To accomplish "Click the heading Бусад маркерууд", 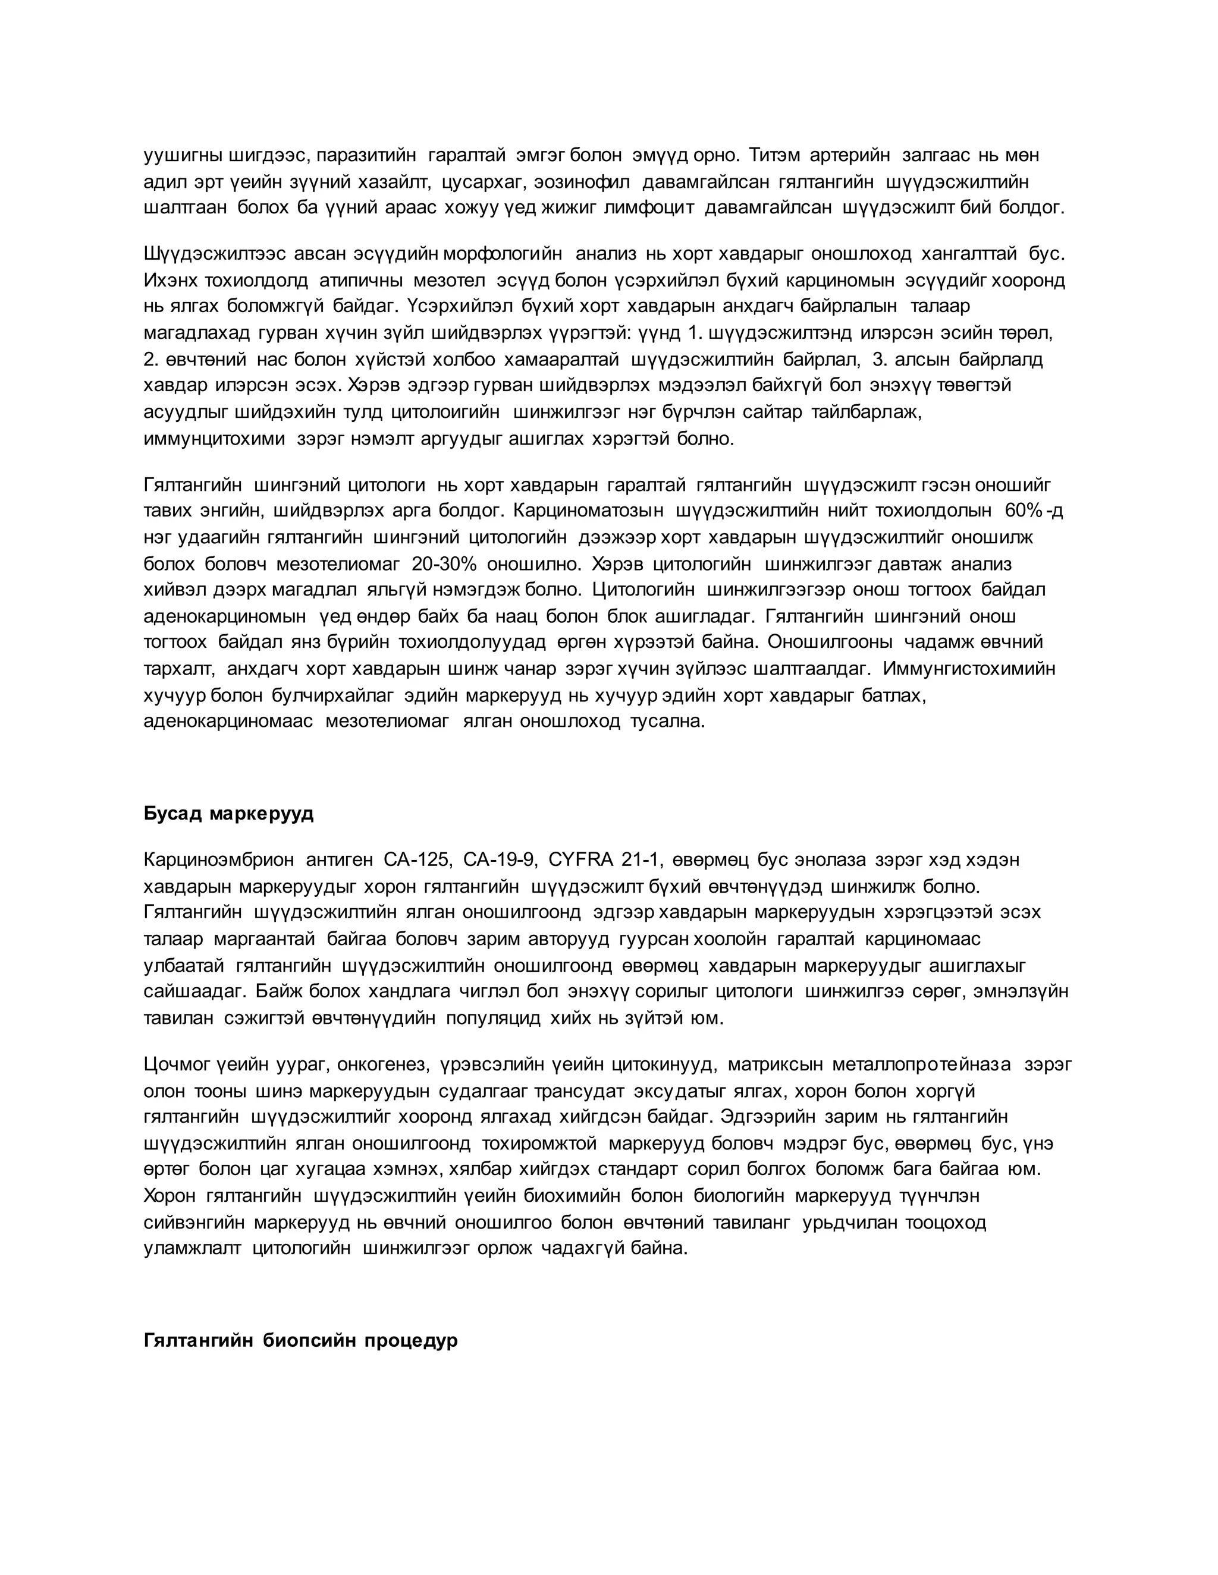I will tap(229, 814).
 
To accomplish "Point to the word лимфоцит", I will tap(649, 209).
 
